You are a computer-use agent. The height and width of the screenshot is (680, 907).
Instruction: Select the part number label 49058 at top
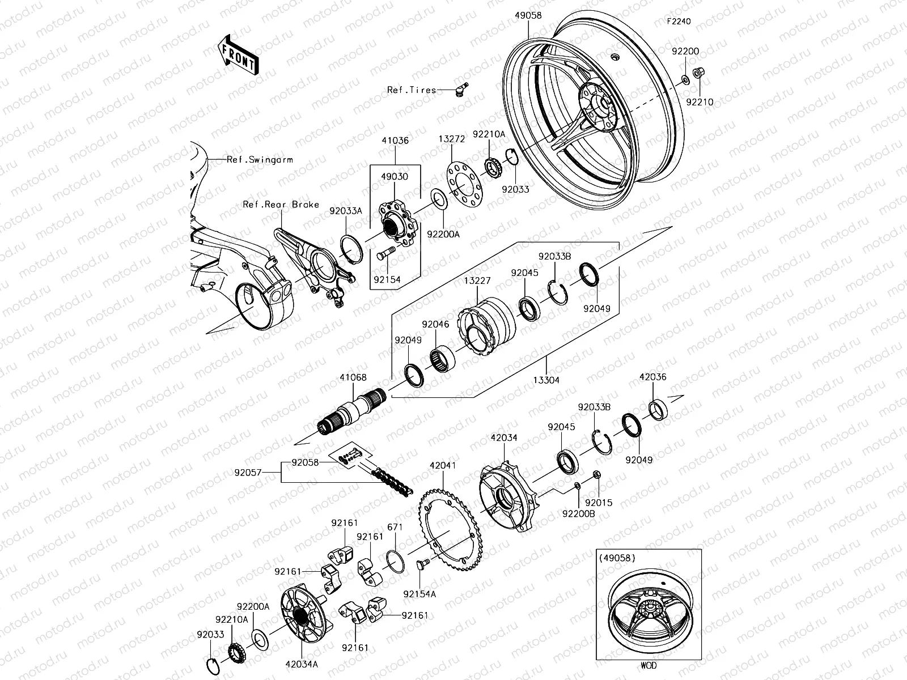[528, 16]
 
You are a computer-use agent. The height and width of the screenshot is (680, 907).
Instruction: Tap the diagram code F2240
[679, 22]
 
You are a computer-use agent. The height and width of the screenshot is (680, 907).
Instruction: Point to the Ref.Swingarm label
[260, 160]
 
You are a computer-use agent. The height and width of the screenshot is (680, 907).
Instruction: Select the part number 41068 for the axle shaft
[353, 377]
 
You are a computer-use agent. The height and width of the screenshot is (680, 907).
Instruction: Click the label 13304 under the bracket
[545, 381]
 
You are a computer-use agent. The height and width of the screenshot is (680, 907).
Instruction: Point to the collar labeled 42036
[658, 410]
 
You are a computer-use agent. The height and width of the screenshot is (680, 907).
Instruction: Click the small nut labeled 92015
[597, 474]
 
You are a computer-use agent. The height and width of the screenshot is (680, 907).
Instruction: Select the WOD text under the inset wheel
[649, 666]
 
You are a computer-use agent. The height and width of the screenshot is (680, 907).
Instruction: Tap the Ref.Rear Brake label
[281, 205]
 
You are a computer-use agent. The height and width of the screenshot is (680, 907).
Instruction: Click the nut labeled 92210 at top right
[699, 73]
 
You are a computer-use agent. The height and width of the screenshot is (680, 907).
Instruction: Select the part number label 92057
[248, 471]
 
